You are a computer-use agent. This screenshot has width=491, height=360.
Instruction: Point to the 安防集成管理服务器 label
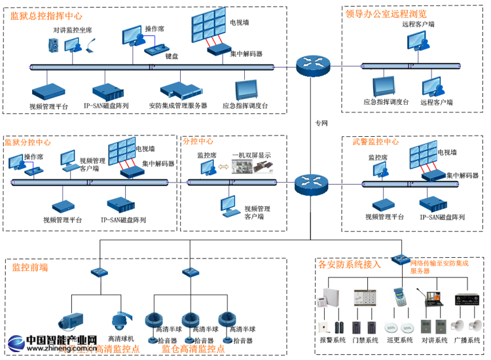177,105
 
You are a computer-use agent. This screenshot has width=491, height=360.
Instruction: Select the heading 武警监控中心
376,141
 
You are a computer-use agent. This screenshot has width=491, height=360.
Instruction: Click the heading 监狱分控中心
28,141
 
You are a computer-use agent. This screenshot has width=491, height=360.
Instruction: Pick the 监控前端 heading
30,267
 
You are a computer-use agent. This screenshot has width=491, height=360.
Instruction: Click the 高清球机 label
121,338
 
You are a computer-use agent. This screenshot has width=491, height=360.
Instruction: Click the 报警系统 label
332,340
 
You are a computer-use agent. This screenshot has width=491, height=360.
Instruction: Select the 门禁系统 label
365,340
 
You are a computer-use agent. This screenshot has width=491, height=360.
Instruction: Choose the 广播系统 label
467,340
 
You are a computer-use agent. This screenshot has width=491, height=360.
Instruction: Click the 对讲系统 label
434,340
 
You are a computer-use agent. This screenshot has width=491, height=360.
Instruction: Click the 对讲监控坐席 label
73,30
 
